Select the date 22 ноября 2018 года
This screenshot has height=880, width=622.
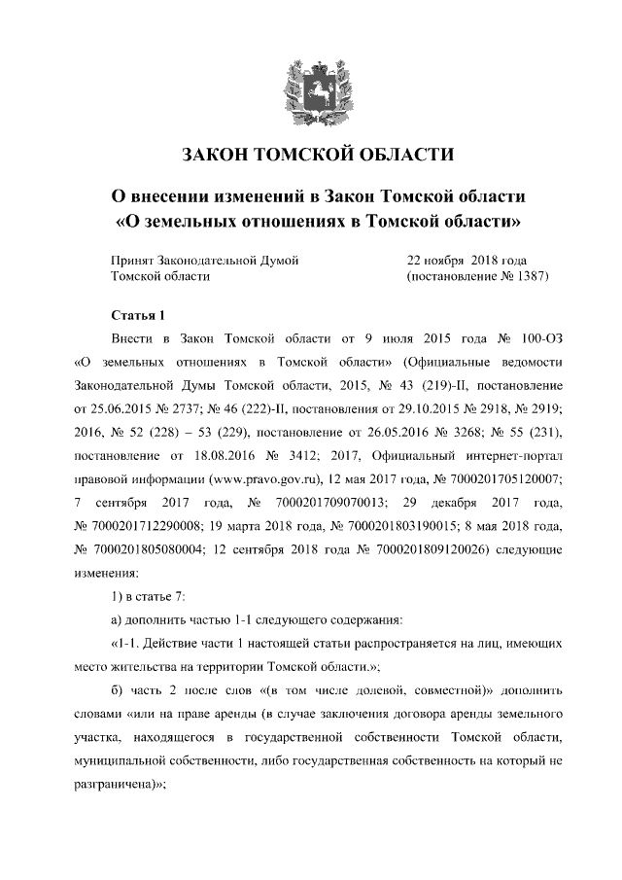[x=466, y=261]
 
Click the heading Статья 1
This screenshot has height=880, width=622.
[x=140, y=316]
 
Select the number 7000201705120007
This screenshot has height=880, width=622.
[x=505, y=479]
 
